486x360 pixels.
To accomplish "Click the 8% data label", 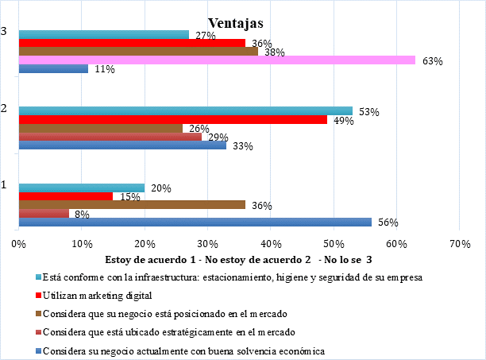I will coord(81,215).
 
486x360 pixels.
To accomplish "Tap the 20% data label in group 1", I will coord(161,188).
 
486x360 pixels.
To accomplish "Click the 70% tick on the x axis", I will coord(459,244).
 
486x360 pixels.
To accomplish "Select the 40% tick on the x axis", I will coord(270,244).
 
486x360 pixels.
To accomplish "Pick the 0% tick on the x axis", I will coord(18,244).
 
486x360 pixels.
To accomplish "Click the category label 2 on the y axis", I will coord(6,106).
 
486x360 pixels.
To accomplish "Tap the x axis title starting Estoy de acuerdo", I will coord(238,259).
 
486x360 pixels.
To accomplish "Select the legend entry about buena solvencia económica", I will coord(182,350).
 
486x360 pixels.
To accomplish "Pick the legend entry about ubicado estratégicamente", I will coord(170,331).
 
